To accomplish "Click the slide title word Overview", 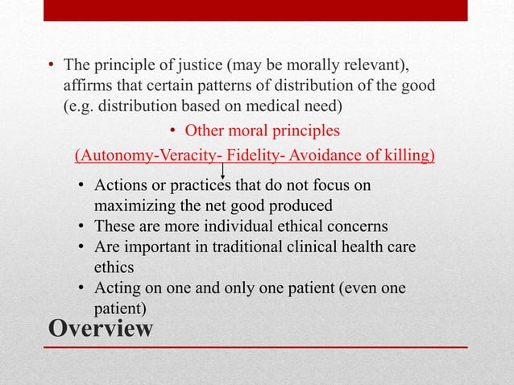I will click(x=101, y=329).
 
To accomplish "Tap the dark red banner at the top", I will click(x=256, y=10).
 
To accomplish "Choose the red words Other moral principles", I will click(x=263, y=130).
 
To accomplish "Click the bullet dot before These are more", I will click(x=82, y=226).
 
